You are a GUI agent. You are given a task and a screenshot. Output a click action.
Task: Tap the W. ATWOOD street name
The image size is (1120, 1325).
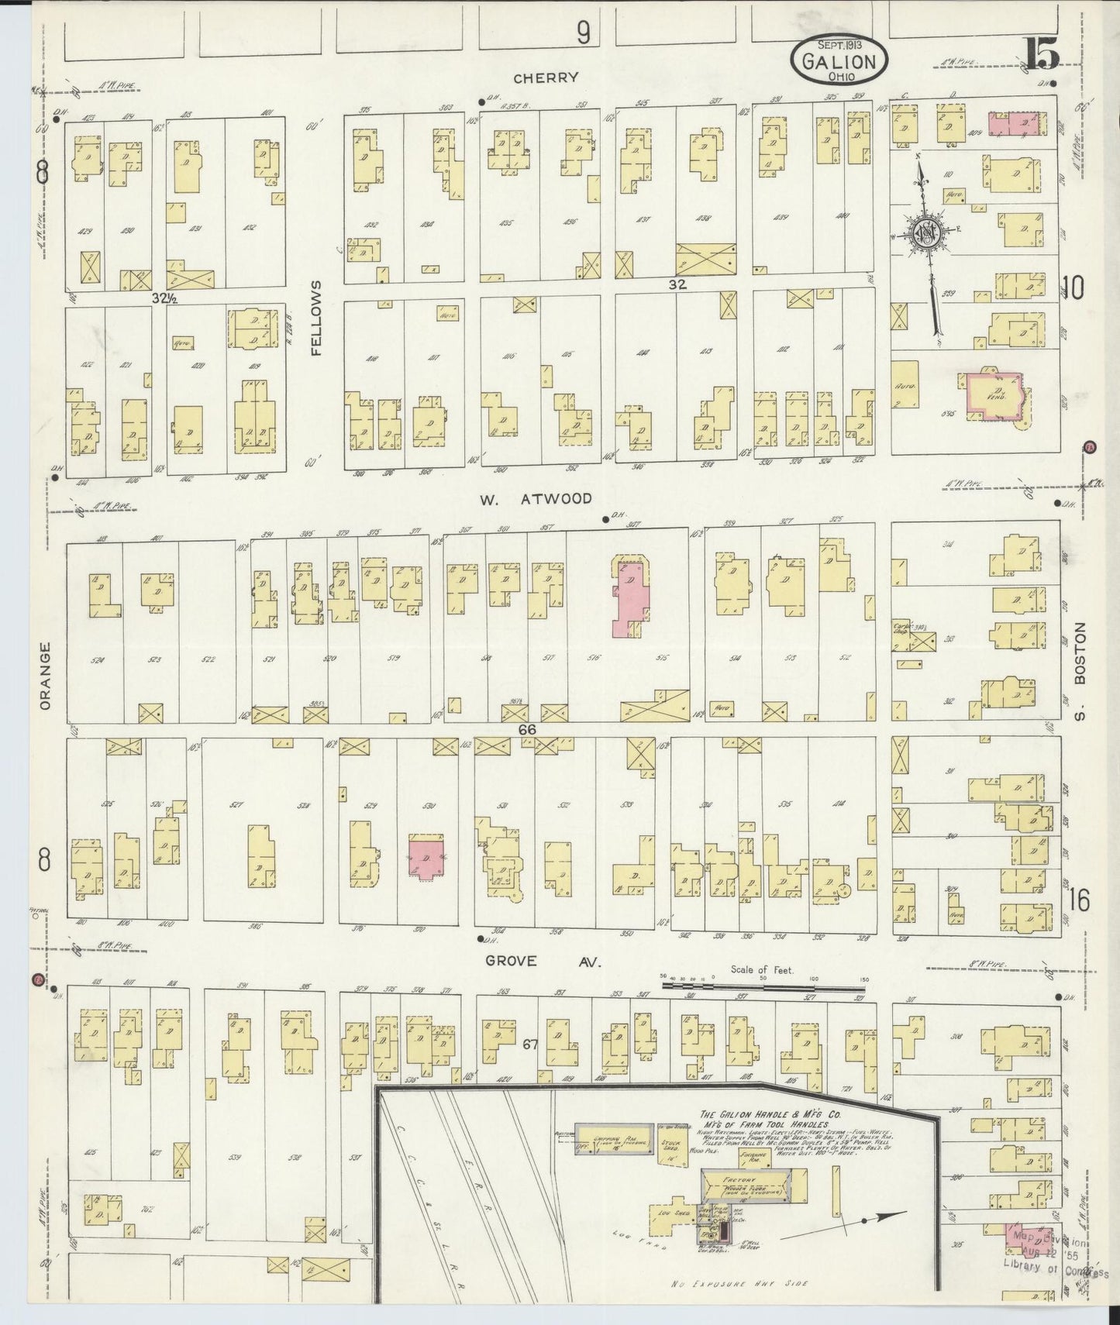535,498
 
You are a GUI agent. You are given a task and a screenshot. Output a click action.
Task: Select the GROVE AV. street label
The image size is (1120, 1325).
543,962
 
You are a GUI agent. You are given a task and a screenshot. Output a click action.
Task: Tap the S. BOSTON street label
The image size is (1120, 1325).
1080,671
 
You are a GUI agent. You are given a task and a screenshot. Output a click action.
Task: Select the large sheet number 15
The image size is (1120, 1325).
1041,54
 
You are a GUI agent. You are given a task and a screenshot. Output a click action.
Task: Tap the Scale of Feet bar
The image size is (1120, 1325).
763,988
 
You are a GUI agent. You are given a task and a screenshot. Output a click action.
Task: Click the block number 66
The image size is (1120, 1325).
528,729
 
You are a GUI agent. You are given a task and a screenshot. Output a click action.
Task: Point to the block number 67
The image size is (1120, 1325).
529,1045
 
